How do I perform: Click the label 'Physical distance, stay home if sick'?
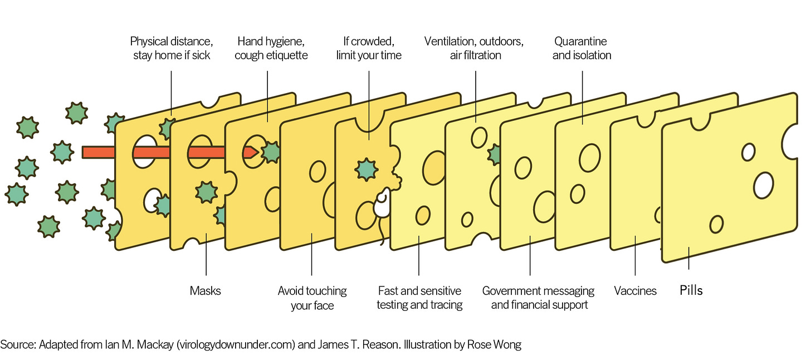pos(172,48)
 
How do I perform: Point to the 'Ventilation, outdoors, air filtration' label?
pos(475,48)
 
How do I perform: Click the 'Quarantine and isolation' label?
pos(582,48)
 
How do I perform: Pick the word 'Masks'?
pos(206,291)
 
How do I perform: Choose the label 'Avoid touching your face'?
pos(312,298)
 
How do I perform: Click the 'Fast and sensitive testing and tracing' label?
pos(419,298)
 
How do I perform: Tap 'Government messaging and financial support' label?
pos(539,298)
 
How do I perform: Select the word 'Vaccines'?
pos(635,291)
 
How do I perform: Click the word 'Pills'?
pos(691,290)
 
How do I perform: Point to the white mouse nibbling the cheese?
pos(382,205)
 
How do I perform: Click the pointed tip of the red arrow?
pos(256,152)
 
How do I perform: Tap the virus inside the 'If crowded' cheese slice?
pos(365,167)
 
